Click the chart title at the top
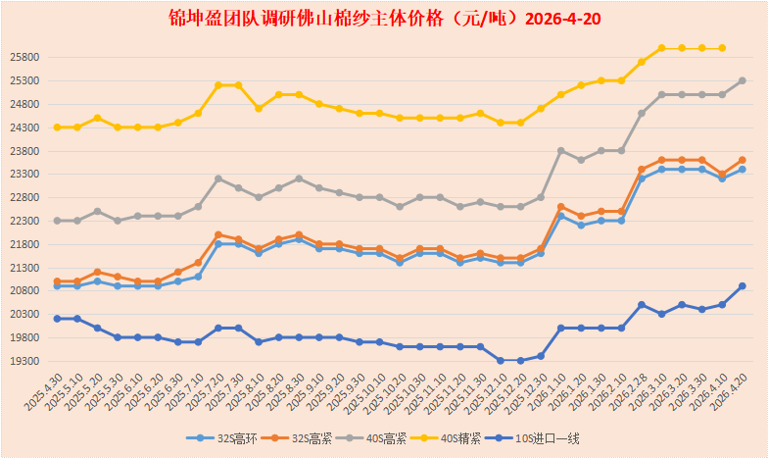(383, 19)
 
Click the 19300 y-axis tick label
(25, 361)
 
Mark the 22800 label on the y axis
(25, 197)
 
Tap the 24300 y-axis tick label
(25, 127)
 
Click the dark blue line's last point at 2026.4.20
(742, 286)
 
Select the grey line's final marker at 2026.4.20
(742, 80)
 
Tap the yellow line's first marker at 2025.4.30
(58, 127)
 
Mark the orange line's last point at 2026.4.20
(742, 160)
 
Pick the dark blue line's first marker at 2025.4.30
(58, 319)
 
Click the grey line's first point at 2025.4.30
(58, 221)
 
